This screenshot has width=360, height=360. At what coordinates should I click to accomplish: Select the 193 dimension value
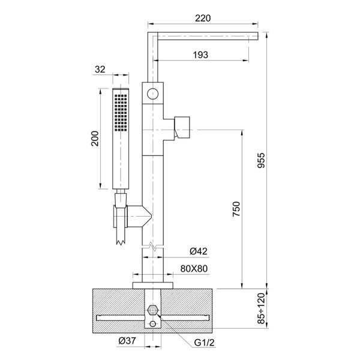point(201,55)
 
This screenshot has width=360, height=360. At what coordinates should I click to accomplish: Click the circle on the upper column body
point(153,93)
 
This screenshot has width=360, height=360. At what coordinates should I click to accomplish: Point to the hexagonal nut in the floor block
point(153,311)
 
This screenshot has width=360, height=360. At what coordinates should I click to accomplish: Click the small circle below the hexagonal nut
point(153,324)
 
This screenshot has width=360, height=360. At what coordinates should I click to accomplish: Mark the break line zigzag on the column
point(153,245)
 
